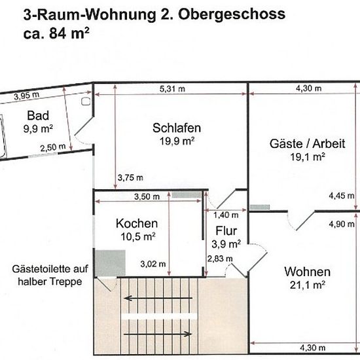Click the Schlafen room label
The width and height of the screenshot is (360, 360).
(x=177, y=128)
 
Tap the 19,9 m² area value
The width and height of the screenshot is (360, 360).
(x=177, y=141)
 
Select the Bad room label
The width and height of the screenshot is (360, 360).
(x=38, y=115)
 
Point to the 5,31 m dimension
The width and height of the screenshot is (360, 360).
(x=172, y=89)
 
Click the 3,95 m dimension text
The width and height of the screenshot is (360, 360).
(x=27, y=96)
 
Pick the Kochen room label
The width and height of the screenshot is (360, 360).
(x=137, y=223)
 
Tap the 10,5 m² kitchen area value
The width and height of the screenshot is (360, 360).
(x=138, y=236)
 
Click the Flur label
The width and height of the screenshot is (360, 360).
(x=226, y=231)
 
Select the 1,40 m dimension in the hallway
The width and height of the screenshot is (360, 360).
(x=226, y=215)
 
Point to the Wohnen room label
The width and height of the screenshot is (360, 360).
(x=308, y=272)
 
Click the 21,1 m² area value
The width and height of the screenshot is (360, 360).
(x=308, y=285)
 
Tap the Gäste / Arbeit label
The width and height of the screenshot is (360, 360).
(x=307, y=144)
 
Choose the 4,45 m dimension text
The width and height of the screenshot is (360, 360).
(x=342, y=196)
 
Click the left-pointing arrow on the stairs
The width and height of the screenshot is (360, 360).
(x=158, y=298)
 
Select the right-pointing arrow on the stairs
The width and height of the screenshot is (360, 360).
(x=158, y=334)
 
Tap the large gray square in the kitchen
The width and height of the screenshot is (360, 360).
(x=111, y=263)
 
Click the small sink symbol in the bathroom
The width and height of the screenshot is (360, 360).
(x=86, y=101)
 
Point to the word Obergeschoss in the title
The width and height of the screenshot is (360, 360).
(x=232, y=14)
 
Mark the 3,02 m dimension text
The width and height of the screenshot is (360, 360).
(x=153, y=264)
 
